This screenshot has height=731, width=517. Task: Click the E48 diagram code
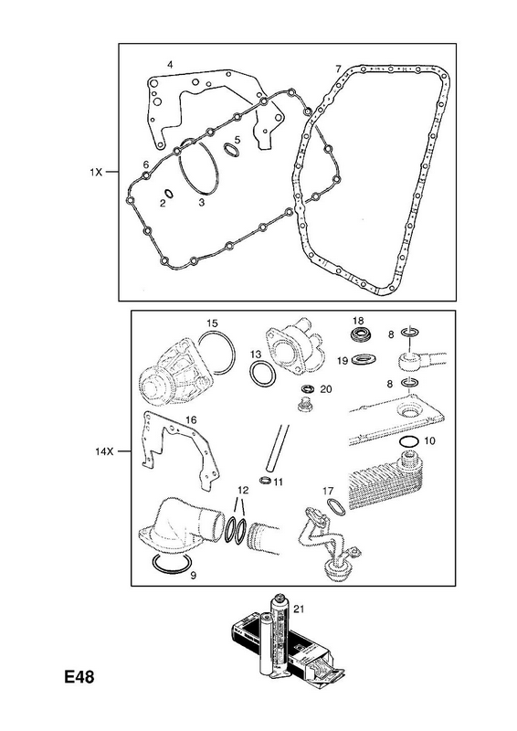click(79, 676)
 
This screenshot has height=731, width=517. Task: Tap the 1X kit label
click(96, 172)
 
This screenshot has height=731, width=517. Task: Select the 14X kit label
click(104, 451)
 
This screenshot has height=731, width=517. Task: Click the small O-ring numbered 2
click(169, 193)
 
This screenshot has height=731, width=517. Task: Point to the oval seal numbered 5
click(231, 150)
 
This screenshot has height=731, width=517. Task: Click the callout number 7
click(338, 69)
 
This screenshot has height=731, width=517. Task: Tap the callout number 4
click(170, 65)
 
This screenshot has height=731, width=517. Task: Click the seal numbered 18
click(358, 335)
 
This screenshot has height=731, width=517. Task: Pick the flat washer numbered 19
click(364, 360)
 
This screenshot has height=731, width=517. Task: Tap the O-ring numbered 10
click(410, 441)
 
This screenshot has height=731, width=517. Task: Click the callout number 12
click(243, 490)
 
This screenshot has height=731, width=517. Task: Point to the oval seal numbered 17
click(336, 507)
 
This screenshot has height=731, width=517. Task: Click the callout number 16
click(191, 420)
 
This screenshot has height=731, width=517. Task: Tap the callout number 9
click(193, 575)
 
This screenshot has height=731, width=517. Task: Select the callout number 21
click(299, 609)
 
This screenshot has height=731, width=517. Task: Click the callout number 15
click(212, 323)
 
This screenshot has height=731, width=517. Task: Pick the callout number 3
click(201, 203)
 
